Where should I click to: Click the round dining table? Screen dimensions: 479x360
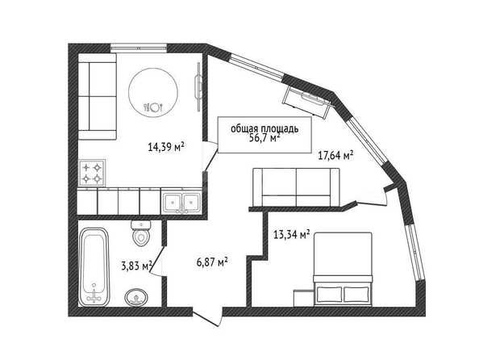153,92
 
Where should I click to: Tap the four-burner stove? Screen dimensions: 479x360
92,173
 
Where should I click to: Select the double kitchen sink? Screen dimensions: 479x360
181,202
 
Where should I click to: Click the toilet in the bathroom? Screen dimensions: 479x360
141,233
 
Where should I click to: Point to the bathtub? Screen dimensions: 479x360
94,266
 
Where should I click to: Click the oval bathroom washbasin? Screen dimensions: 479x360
136,297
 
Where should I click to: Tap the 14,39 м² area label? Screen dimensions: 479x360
165,147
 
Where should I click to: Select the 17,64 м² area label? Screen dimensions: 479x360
335,155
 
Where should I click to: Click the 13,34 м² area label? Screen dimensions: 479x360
292,235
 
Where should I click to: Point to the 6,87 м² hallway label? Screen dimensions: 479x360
212,262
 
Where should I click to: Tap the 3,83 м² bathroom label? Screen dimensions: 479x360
136,266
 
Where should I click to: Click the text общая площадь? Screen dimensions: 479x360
264,129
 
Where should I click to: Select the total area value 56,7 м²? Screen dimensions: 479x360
264,138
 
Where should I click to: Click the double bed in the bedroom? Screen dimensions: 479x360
343,269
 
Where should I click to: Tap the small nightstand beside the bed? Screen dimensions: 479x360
303,298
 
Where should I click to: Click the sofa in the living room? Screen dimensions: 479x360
296,187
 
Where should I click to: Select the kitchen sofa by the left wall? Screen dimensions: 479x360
98,97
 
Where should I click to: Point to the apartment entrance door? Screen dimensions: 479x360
206,317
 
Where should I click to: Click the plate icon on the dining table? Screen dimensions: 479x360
154,107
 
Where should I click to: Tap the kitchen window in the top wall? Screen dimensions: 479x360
139,48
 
